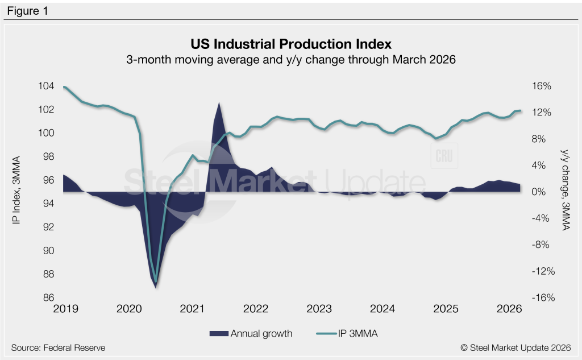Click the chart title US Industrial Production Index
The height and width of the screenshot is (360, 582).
point(291,44)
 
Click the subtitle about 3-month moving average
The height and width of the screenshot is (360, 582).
point(291,60)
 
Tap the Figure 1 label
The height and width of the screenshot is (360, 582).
point(27,11)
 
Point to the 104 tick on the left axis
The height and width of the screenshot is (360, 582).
point(46,86)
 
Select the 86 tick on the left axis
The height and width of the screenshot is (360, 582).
point(49,297)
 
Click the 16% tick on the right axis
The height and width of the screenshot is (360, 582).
point(542,86)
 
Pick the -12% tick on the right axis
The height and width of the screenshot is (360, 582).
point(543,271)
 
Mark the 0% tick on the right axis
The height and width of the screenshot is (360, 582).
point(539,192)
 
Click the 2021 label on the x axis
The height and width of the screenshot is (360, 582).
point(192,309)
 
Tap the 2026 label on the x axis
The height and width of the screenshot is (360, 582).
point(509,309)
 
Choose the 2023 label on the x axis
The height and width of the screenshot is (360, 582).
point(319,309)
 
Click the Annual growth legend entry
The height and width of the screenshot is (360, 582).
point(251,334)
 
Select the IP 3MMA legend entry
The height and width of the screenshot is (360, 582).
point(347,334)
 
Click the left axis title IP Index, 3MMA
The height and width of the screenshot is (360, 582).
point(16,190)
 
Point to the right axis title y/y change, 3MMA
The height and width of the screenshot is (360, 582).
point(565,190)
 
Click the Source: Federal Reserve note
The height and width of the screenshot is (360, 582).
point(59,347)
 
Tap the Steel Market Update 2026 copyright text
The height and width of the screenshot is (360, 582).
point(516,347)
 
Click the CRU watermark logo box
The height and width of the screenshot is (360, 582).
point(444,156)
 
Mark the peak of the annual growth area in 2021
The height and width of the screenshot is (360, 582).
point(219,102)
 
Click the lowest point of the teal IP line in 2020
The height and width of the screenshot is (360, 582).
point(156,282)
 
